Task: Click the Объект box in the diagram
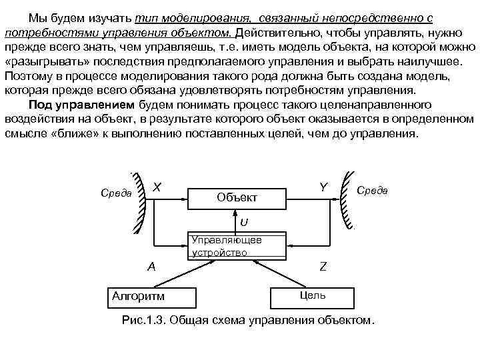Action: tap(237, 197)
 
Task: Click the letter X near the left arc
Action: tap(157, 187)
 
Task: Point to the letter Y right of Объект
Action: tap(323, 187)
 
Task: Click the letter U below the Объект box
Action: tap(245, 221)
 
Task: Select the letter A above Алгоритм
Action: tap(151, 266)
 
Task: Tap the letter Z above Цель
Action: tap(323, 266)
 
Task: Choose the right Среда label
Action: tap(373, 191)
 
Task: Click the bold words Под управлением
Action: tap(81, 105)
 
